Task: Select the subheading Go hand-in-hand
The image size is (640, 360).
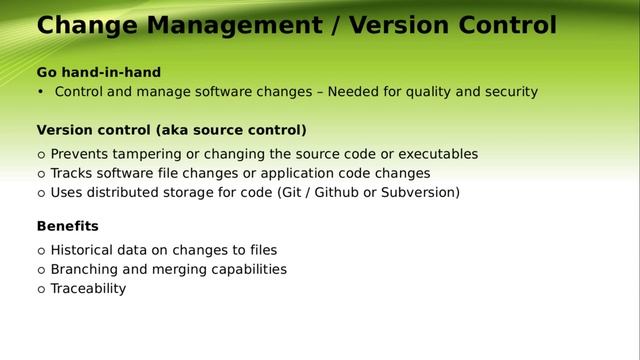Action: (99, 72)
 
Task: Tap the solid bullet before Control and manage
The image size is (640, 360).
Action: (41, 92)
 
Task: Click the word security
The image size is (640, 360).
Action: (505, 92)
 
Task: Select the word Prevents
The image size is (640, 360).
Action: (83, 154)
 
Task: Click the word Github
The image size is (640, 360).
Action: (337, 192)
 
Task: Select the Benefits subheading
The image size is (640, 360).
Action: (67, 226)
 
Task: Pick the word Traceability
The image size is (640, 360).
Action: (88, 288)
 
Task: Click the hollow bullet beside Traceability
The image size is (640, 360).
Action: (41, 289)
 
